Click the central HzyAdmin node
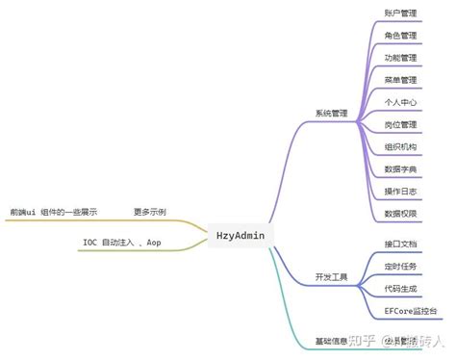pos(241,234)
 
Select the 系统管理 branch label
pos(331,113)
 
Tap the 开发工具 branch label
pos(331,277)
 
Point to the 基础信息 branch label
pos(331,341)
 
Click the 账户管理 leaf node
pos(400,13)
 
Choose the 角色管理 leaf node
pos(400,36)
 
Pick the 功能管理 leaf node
pos(400,58)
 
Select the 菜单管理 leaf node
pos(400,80)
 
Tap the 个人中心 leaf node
pos(400,102)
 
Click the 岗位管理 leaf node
pos(400,124)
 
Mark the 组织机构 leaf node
pos(400,146)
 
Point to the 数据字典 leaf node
pos(400,168)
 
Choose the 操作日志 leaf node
pos(400,191)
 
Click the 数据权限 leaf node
pos(400,213)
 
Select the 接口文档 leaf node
pos(400,244)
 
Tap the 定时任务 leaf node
pos(400,266)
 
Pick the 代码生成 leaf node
pos(400,288)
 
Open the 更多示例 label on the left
pos(149,211)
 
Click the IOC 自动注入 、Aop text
pos(121,243)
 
